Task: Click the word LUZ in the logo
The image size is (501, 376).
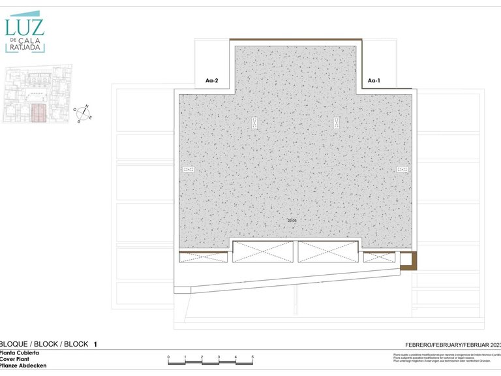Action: point(25,26)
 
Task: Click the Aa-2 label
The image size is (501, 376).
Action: point(211,81)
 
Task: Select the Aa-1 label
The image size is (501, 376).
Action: point(374,81)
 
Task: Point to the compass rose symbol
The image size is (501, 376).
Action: point(83,114)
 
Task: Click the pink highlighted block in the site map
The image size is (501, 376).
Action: point(39,113)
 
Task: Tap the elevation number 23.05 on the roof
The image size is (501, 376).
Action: point(292,221)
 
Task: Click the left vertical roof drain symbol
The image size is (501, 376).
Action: point(254,121)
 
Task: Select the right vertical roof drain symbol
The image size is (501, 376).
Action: point(337,121)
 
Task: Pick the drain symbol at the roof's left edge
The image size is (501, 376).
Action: point(189,170)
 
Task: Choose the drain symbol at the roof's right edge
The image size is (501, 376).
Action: point(402,170)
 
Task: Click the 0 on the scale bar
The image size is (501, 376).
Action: point(168,357)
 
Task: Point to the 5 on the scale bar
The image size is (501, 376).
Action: point(252,357)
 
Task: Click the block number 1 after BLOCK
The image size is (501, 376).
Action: point(95,343)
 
